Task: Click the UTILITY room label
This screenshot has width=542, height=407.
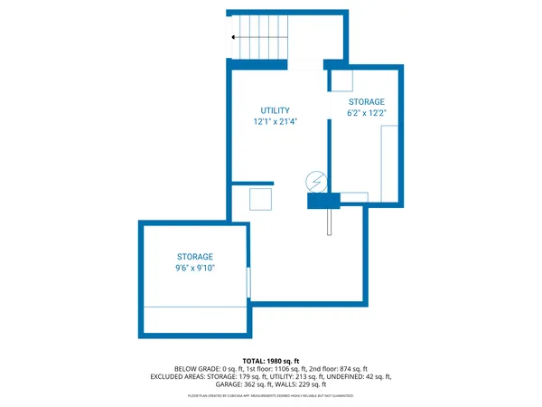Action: point(276,110)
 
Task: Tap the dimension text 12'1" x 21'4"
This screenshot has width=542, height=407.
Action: point(276,121)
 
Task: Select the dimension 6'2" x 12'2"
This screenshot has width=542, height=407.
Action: point(367,113)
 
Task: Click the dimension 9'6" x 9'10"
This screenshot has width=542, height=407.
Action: point(195,268)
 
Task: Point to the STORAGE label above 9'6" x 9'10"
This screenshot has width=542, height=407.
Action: point(195,257)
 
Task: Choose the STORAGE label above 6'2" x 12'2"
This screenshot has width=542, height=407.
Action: point(367,102)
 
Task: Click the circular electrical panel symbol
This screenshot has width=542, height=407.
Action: point(316,181)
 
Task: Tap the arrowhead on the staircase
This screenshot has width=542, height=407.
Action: point(234,37)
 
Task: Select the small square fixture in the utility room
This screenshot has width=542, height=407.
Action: point(260,199)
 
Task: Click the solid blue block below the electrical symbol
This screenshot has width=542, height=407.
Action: point(323,201)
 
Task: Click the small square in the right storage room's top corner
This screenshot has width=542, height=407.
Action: point(341,80)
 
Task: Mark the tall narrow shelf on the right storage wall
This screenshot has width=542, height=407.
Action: point(391,163)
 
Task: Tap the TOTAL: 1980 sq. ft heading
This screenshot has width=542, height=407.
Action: point(271,361)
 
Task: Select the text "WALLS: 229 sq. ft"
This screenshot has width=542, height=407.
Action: point(303,383)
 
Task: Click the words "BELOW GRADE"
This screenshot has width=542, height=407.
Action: point(194,369)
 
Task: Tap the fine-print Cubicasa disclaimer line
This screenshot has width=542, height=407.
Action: point(271,396)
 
